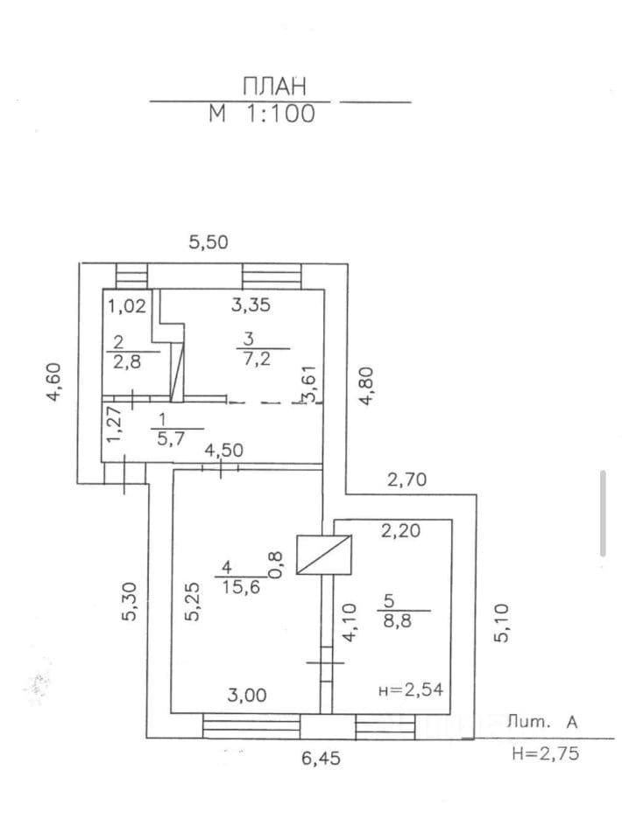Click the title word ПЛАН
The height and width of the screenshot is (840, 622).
(274, 87)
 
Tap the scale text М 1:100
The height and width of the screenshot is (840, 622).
(262, 114)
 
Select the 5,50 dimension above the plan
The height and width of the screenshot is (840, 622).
(209, 242)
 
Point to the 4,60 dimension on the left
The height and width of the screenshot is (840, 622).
(55, 381)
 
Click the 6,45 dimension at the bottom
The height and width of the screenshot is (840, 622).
(321, 758)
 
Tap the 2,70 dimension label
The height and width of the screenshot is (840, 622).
(407, 479)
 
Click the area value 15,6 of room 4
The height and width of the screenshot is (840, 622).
(240, 587)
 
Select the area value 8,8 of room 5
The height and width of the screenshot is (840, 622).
(398, 619)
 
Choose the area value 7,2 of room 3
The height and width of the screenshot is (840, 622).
(258, 359)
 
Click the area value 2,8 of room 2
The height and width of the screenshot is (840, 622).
(127, 361)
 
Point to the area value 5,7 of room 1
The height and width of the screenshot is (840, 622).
(171, 438)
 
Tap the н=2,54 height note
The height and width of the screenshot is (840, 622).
(411, 689)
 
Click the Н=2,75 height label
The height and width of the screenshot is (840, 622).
(545, 753)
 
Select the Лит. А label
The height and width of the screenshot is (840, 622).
(542, 722)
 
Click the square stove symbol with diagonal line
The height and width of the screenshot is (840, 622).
(324, 555)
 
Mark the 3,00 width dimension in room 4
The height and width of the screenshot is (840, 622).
(247, 696)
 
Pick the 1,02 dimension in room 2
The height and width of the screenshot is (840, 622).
(127, 306)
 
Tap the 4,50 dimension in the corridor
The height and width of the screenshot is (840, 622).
(224, 450)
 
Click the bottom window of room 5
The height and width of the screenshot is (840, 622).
(385, 726)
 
